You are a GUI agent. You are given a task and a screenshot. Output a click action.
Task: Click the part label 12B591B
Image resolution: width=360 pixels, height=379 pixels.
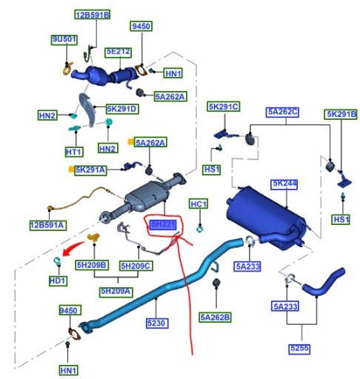click(x=92, y=15)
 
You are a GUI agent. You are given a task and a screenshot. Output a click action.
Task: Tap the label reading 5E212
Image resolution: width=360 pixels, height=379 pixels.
click(x=118, y=52)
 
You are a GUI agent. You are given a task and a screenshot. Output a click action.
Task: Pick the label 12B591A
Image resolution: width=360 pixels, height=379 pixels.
click(x=47, y=224)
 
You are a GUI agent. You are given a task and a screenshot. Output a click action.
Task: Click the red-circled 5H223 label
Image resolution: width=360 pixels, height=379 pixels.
click(x=163, y=224)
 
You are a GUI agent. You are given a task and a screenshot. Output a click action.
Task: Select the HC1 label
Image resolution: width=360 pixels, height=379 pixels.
click(x=199, y=204)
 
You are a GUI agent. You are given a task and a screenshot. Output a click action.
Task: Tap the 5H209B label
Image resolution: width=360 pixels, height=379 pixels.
click(x=92, y=264)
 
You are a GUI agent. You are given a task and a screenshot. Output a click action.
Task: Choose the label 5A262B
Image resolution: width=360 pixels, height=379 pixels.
click(x=215, y=317)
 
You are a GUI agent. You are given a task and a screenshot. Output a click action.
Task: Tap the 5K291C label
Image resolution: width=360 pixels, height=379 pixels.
click(x=224, y=107)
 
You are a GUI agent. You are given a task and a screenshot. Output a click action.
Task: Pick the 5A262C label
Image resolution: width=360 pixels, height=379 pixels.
click(x=282, y=113)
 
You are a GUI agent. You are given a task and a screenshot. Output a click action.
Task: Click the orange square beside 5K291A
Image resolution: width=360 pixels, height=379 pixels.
click(x=72, y=170)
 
